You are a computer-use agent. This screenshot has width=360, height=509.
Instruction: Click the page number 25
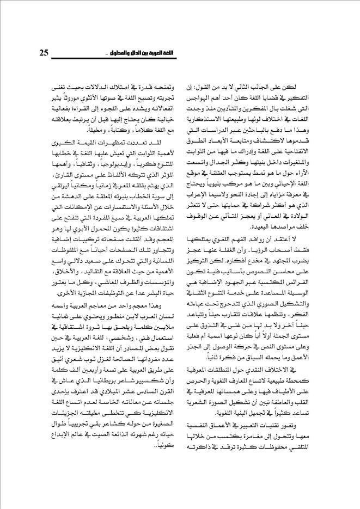pyautogui.click(x=46, y=53)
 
